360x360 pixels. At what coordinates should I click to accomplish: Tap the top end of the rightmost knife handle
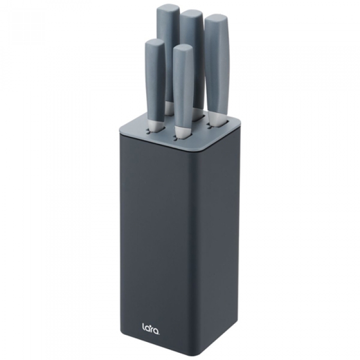[x=217, y=17]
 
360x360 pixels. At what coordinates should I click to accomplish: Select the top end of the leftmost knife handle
[x=154, y=41]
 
